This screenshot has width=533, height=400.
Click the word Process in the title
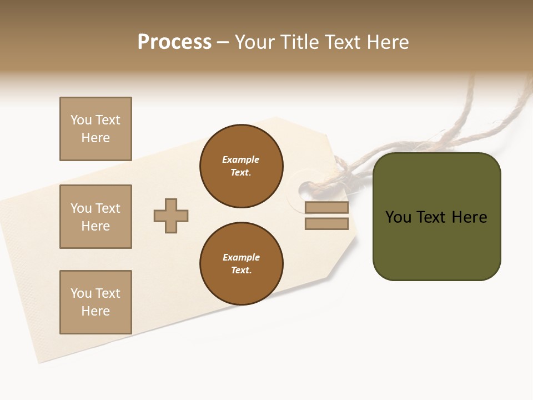point(174,42)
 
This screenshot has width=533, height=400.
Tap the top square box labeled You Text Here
point(95,129)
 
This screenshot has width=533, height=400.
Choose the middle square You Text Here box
point(95,217)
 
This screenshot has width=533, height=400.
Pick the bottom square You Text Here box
point(95,302)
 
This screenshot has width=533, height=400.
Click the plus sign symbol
point(171,216)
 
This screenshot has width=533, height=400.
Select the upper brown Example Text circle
point(241,166)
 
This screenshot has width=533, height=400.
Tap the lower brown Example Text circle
point(241,264)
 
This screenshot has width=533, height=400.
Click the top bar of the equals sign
point(326,208)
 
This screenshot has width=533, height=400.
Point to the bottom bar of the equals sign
point(326,223)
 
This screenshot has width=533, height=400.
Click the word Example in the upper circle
point(241,159)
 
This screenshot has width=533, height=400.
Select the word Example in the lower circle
point(241,257)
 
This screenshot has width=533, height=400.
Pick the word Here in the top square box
point(95,138)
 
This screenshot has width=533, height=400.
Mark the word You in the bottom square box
point(81,293)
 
